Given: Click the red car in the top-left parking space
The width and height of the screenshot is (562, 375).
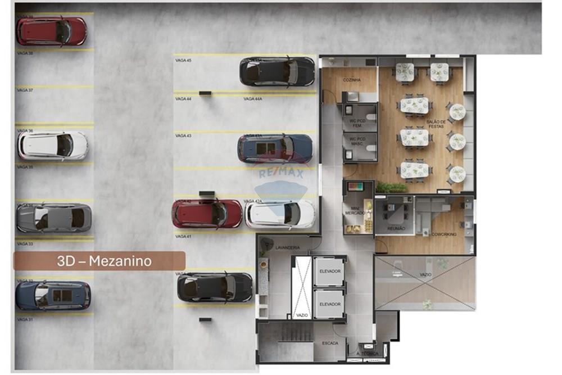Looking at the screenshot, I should (51, 31).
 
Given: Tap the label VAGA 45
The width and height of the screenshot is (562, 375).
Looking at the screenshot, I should (183, 60).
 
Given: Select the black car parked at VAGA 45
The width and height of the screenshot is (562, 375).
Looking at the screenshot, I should (277, 72).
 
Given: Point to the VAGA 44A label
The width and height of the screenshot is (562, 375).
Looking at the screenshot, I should (253, 98).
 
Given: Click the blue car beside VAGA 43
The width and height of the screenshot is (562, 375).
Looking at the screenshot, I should (275, 148).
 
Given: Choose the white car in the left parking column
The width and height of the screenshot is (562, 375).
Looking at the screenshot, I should (52, 146).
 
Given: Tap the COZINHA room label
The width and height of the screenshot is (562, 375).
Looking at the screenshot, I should (352, 80).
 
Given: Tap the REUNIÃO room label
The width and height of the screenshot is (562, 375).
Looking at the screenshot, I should (397, 229).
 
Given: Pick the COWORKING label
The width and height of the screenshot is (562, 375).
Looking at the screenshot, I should (444, 234).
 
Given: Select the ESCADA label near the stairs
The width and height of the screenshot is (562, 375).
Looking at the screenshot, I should (330, 342).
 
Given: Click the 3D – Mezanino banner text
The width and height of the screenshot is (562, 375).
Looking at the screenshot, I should (104, 261).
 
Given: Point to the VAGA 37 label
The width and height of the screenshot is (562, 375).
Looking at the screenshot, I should (25, 90).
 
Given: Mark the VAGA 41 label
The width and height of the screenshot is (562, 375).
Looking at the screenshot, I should (183, 237).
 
